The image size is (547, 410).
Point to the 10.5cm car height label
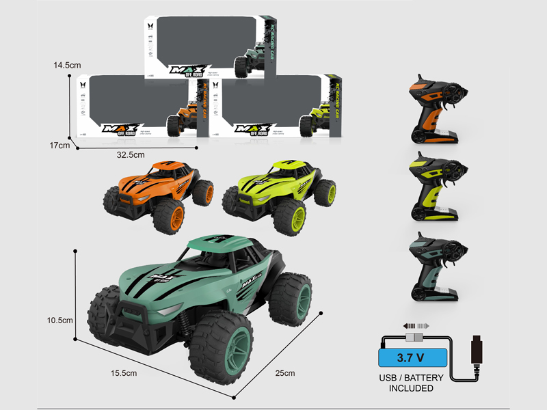[60, 320]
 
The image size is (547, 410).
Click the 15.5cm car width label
[123, 373]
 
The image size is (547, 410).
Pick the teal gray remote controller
[435, 266]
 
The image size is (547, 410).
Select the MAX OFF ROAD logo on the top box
[189, 72]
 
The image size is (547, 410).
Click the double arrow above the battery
[415, 326]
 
